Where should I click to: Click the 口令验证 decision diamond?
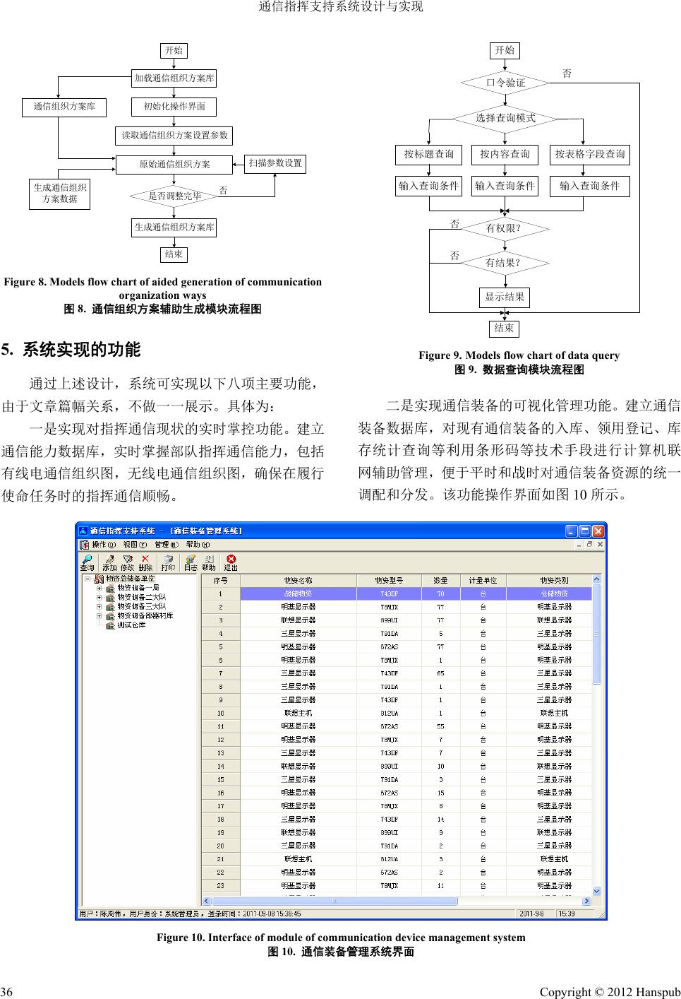point(505,83)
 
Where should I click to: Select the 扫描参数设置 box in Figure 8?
point(275,163)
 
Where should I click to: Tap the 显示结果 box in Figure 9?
point(505,297)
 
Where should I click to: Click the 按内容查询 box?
point(505,154)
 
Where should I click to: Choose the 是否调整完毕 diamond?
point(174,196)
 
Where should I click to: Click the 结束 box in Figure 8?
point(174,254)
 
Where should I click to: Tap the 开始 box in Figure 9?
point(505,50)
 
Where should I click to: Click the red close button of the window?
point(599,531)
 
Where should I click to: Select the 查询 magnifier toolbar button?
point(87,562)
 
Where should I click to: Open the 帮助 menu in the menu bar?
point(197,545)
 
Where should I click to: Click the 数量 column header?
point(440,580)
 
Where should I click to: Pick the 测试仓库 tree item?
point(131,625)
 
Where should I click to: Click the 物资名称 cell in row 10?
point(298,713)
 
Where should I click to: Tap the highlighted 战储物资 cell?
point(298,593)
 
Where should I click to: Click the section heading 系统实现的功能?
point(82,350)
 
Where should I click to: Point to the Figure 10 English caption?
point(340,938)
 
